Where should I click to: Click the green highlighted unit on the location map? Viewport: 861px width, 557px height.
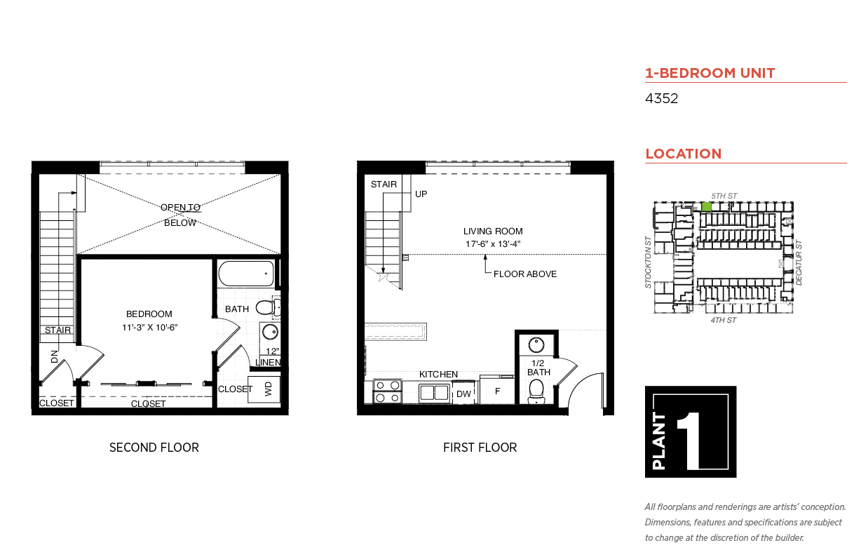[x=706, y=206]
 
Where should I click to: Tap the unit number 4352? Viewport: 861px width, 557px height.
[x=661, y=98]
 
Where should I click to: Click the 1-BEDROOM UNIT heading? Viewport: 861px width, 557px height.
[x=710, y=73]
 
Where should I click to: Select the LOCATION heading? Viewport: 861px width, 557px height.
[x=684, y=154]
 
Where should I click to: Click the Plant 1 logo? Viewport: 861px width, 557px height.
[x=691, y=431]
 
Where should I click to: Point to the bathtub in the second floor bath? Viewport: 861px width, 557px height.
[x=246, y=274]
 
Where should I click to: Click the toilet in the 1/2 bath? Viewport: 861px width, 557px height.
[x=536, y=391]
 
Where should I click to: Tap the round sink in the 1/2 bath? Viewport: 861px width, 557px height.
[x=536, y=344]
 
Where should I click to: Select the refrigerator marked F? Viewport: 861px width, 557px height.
[x=497, y=391]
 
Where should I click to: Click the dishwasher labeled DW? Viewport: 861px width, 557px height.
[x=464, y=393]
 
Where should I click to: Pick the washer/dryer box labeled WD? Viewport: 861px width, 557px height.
[x=264, y=389]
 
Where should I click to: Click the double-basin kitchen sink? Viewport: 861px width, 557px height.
[x=434, y=393]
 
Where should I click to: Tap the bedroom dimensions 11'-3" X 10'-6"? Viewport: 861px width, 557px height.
[x=150, y=328]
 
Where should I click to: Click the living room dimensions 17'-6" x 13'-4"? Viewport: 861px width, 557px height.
[x=493, y=244]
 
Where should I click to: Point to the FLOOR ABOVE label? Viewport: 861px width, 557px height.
[x=525, y=274]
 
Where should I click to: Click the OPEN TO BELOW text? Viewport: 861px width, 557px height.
[x=180, y=215]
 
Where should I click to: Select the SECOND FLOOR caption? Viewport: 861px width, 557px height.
[x=154, y=448]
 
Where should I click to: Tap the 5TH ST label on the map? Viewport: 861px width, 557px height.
[x=724, y=196]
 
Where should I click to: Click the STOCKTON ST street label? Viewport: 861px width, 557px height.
[x=648, y=262]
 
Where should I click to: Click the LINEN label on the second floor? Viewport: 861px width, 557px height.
[x=268, y=363]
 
